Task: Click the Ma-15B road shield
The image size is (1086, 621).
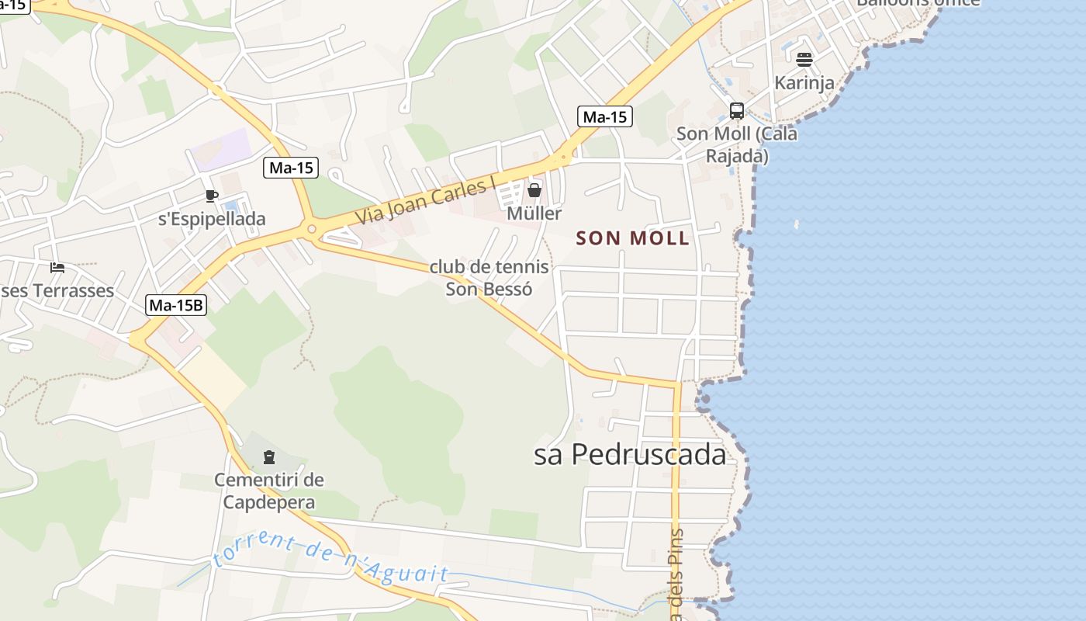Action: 176,305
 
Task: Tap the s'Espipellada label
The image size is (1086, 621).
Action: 212,219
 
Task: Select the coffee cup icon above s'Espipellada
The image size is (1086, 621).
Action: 212,196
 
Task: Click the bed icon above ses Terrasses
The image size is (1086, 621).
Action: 57,268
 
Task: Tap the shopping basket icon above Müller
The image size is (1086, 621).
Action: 534,189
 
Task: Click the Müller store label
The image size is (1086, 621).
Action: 534,213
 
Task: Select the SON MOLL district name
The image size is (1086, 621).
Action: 633,238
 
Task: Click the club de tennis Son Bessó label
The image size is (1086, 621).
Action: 489,278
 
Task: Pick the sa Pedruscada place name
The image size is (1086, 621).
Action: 630,455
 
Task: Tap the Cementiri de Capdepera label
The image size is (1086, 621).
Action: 269,491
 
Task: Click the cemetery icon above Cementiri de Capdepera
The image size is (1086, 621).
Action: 269,457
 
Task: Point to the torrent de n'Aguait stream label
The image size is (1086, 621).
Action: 331,559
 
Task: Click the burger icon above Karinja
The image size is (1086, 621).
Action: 804,59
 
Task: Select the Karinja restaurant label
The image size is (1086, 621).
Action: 804,82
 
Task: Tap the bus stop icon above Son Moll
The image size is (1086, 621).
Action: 736,110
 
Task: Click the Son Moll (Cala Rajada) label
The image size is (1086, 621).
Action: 737,144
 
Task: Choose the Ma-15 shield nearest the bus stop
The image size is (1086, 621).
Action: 605,117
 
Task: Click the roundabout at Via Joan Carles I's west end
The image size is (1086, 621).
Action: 312,229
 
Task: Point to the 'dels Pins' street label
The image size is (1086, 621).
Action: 676,574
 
